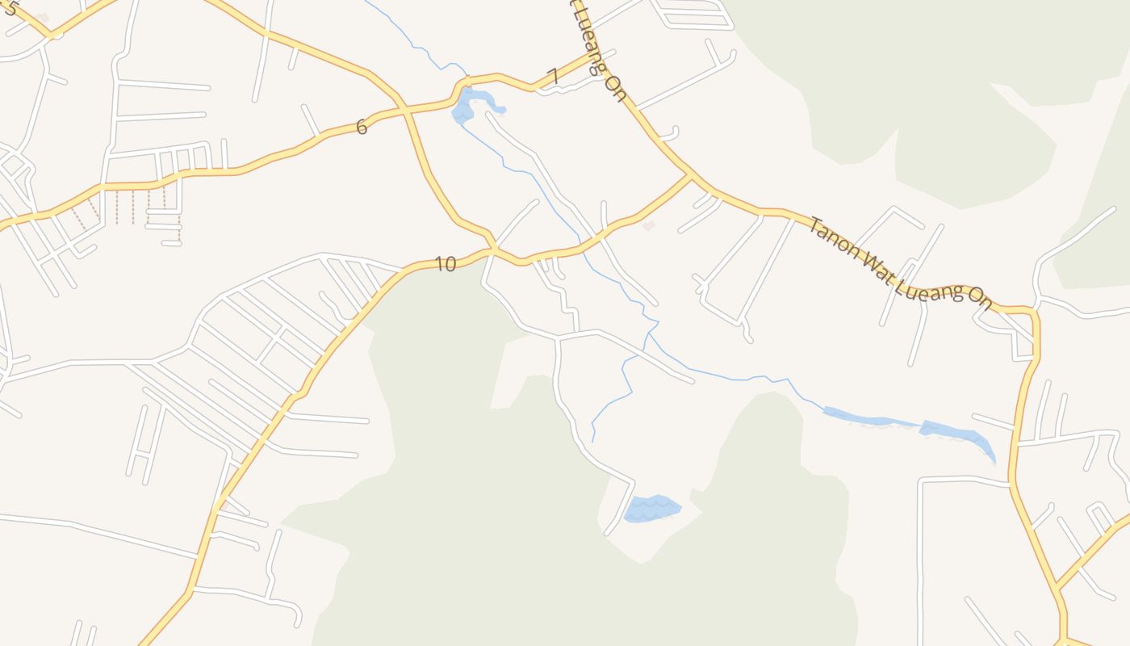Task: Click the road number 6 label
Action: pos(361,127)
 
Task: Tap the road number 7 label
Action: pos(552,77)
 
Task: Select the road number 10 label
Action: pos(445,264)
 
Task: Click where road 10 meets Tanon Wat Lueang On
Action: pos(691,175)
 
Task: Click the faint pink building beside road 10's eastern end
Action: pos(648,226)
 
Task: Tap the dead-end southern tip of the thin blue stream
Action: pos(593,441)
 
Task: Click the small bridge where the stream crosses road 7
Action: pos(467,82)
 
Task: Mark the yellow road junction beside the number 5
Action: pos(51,35)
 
